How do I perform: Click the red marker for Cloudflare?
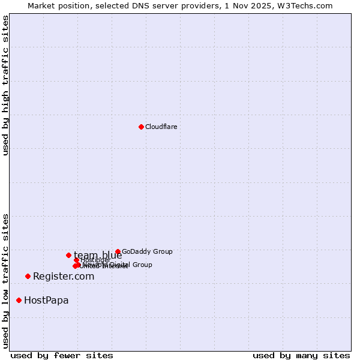click(141, 127)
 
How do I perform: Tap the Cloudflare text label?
click(161, 127)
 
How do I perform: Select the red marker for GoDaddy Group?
click(118, 252)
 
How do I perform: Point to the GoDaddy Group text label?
click(147, 252)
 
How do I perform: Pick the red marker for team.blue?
click(68, 255)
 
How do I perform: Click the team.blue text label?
click(98, 256)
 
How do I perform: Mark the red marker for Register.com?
click(28, 276)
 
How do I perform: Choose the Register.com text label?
click(64, 277)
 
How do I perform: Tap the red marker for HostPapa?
click(19, 300)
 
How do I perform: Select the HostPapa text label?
click(46, 301)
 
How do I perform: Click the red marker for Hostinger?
click(76, 260)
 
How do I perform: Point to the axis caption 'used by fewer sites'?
click(62, 355)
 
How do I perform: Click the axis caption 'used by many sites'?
click(301, 355)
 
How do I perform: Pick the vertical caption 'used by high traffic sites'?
click(6, 85)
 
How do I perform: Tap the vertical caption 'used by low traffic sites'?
click(6, 280)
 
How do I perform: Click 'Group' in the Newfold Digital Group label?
click(142, 265)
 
